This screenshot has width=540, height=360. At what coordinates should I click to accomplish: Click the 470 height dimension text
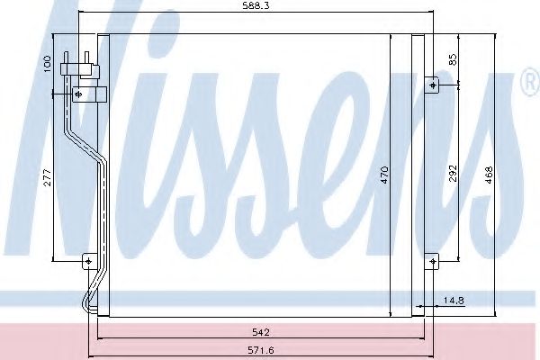click(x=384, y=174)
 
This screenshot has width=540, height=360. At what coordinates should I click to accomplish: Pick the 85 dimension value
click(x=454, y=60)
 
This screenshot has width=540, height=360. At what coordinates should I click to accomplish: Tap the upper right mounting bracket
click(x=433, y=85)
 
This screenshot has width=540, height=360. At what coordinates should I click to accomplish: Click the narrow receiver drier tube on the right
click(x=418, y=171)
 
